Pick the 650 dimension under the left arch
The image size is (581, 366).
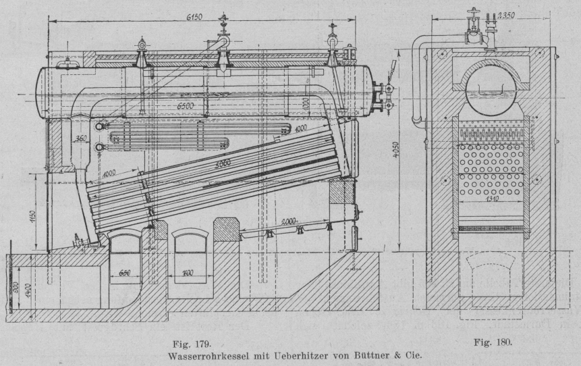pos(122,273)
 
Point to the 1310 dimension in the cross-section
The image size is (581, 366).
pos(491,199)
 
